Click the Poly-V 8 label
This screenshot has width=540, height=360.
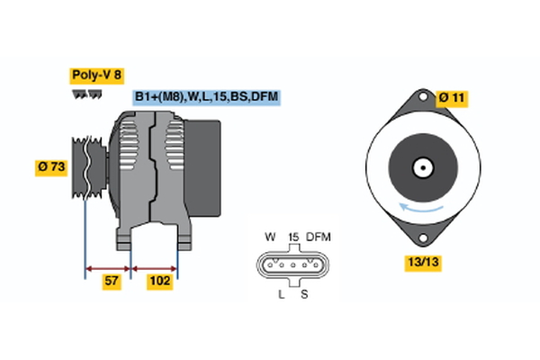[x=95, y=76]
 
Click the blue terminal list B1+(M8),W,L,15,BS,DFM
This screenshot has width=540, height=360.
[x=206, y=96]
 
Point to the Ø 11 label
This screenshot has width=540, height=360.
[x=454, y=96]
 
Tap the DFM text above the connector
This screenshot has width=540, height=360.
[x=319, y=237]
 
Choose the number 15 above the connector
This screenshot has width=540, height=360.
[x=292, y=237]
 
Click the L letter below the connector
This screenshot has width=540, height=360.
[x=282, y=294]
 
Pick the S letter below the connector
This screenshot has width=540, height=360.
[x=304, y=294]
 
